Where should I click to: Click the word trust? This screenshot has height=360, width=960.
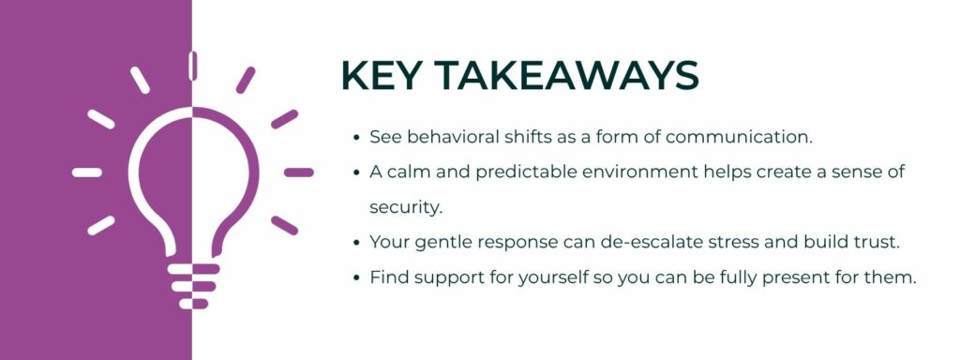pos(876,242)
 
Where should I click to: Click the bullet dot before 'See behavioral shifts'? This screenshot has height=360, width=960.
pos(356,138)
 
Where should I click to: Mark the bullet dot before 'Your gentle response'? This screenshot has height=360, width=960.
pos(356,243)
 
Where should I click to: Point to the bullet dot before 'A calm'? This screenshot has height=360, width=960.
pos(356,173)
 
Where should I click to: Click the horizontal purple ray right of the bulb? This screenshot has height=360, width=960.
pos(298,172)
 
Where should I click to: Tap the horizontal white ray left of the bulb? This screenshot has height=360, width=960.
pos(87,172)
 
